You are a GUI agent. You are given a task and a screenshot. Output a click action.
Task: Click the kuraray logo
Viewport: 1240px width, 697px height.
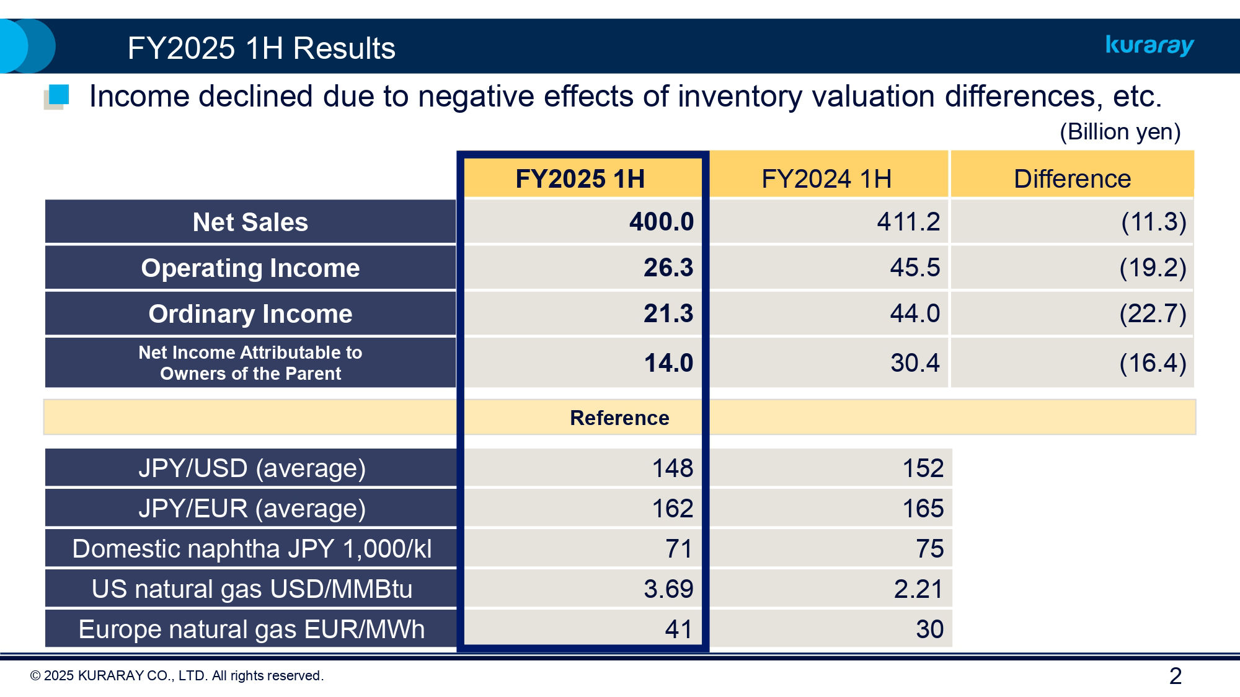[1149, 45]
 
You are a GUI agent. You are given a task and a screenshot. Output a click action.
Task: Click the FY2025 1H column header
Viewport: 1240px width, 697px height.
[580, 179]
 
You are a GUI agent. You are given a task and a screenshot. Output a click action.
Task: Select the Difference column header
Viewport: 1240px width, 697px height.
[1072, 179]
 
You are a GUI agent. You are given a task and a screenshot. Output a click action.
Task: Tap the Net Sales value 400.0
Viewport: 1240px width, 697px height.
[661, 222]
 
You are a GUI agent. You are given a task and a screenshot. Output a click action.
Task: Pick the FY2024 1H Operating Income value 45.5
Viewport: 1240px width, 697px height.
[914, 268]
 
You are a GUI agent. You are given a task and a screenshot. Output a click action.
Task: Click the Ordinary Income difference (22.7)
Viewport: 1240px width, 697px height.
[1152, 313]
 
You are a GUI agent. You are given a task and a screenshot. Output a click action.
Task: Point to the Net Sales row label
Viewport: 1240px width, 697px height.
[250, 222]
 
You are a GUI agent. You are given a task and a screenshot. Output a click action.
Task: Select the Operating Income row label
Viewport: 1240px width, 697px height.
[250, 268]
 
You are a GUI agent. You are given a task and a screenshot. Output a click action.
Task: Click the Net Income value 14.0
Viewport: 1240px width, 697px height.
[668, 363]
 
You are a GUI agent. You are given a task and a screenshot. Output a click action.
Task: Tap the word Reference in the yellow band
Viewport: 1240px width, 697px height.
[619, 418]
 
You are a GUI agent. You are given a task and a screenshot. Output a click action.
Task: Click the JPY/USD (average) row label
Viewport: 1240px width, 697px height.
[252, 468]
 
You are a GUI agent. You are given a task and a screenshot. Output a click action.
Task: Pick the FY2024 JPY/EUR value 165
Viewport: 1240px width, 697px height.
[923, 508]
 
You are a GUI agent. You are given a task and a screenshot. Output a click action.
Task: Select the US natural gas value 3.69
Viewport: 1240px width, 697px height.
[668, 589]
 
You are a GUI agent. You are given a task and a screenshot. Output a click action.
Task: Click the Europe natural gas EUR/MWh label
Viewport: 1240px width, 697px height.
[252, 629]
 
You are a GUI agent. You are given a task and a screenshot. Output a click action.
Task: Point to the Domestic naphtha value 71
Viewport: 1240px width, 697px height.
[678, 548]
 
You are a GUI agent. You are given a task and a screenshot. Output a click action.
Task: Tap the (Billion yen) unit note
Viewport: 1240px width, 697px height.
[1120, 132]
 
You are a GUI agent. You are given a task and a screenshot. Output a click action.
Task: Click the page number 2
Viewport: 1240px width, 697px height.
[1175, 676]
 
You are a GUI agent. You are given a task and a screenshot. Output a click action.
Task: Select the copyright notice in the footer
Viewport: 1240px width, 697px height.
[177, 676]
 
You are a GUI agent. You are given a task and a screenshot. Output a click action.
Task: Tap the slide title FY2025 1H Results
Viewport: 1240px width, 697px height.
[261, 48]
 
